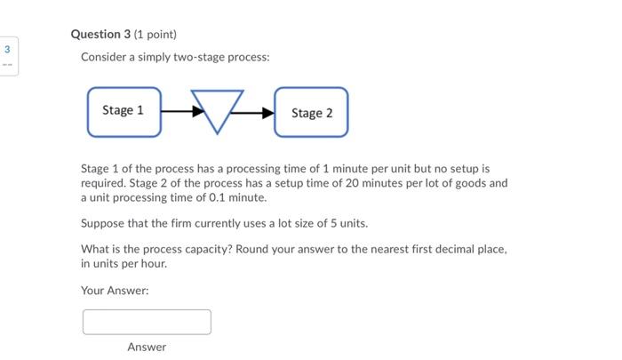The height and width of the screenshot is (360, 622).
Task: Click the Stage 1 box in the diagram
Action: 124,111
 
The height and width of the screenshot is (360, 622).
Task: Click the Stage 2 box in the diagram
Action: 311,112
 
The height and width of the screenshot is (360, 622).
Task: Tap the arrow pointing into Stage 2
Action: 258,113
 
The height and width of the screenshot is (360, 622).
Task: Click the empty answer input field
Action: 147,322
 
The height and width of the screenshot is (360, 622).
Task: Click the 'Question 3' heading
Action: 100,34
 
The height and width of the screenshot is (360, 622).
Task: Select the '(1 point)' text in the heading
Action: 155,34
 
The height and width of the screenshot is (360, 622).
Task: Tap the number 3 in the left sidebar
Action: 8,50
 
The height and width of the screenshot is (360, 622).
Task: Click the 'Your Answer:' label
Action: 115,290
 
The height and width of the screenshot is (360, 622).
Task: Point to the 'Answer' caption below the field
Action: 147,347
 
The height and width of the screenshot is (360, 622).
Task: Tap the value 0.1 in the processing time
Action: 219,197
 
